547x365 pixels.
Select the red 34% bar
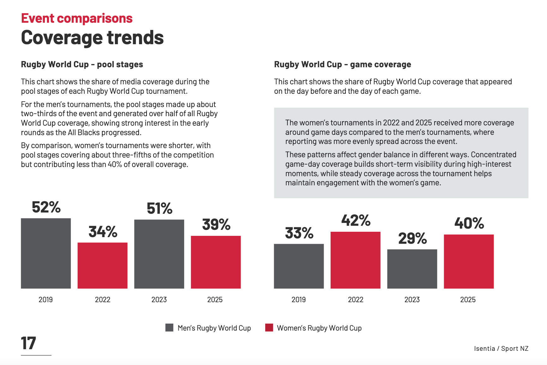tap(103, 265)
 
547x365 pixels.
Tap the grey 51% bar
tap(159, 254)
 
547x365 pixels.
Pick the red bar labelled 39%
tap(216, 262)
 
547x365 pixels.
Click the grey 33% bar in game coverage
tap(299, 266)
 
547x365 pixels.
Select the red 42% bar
tap(355, 260)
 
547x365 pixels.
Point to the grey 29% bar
tap(412, 269)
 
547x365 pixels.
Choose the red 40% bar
tap(469, 261)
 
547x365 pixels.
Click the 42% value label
tap(356, 220)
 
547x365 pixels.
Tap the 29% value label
tap(412, 238)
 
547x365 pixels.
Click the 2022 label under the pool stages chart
tap(103, 300)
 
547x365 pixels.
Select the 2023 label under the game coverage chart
tap(412, 300)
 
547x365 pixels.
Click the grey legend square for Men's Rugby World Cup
tap(169, 328)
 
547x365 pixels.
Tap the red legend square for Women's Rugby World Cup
tap(269, 328)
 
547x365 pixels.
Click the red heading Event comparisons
tap(77, 18)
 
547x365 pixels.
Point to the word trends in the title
tap(135, 38)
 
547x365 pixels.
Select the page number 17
tap(28, 343)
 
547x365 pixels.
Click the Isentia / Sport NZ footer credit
tap(501, 349)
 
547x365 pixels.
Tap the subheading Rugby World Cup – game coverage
tap(342, 64)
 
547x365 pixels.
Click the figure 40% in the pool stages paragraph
tap(115, 165)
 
